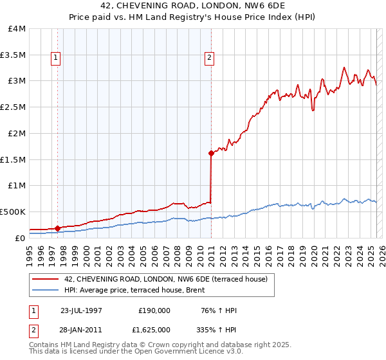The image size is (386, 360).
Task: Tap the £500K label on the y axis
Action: (x=13, y=212)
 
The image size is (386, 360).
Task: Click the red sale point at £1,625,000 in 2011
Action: (x=211, y=153)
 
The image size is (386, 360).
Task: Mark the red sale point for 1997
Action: (x=58, y=228)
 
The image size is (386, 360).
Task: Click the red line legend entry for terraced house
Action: (x=170, y=279)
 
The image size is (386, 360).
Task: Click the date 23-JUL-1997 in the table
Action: (x=81, y=310)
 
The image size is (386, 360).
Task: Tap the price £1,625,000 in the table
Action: (x=154, y=328)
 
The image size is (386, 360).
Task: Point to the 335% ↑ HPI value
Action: (x=217, y=328)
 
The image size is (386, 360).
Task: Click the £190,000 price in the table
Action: (x=154, y=310)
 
